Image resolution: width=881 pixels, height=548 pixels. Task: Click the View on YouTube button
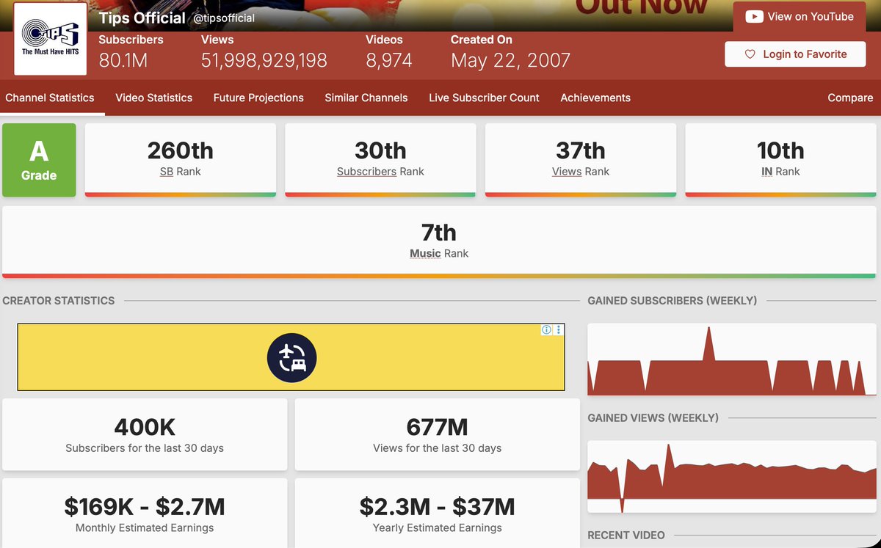pyautogui.click(x=800, y=17)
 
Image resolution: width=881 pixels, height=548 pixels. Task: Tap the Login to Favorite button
pyautogui.click(x=795, y=54)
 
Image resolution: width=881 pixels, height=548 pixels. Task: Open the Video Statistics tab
pyautogui.click(x=153, y=98)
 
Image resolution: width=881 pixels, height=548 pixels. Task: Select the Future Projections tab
pyautogui.click(x=258, y=98)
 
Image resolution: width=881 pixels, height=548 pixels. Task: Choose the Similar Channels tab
pyautogui.click(x=366, y=98)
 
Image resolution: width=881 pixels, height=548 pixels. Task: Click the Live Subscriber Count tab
pyautogui.click(x=484, y=98)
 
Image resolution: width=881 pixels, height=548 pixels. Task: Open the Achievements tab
pyautogui.click(x=595, y=98)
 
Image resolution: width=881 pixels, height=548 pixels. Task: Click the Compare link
pyautogui.click(x=850, y=98)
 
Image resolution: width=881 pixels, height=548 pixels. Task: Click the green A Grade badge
pyautogui.click(x=39, y=160)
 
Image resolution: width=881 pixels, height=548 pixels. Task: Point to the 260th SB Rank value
pyautogui.click(x=180, y=150)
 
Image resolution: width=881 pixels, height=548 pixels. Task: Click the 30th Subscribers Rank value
pyautogui.click(x=380, y=150)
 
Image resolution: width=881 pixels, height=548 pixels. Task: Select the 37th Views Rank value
pyautogui.click(x=580, y=150)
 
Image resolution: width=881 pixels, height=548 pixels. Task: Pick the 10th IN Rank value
pyautogui.click(x=780, y=150)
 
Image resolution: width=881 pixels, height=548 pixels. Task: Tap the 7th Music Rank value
pyautogui.click(x=438, y=233)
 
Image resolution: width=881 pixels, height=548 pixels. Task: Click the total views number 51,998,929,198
pyautogui.click(x=264, y=60)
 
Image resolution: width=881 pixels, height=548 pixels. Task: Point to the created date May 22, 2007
pyautogui.click(x=510, y=60)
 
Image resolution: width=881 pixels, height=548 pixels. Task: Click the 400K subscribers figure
pyautogui.click(x=145, y=427)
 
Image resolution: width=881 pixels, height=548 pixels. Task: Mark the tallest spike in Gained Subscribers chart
pyautogui.click(x=708, y=329)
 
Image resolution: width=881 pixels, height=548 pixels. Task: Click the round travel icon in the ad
pyautogui.click(x=291, y=358)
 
